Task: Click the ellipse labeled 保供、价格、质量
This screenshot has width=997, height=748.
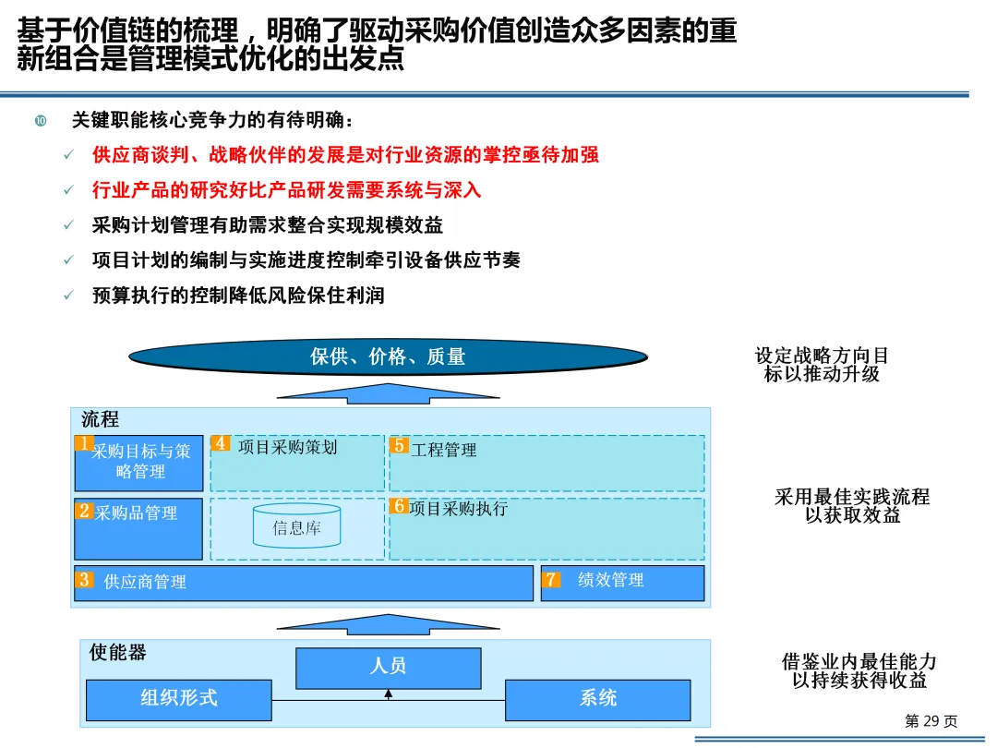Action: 388,356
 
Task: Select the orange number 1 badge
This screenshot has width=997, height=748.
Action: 84,443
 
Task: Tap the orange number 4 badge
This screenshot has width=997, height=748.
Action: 220,443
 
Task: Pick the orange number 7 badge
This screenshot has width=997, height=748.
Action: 552,580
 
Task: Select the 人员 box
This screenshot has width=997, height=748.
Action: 388,668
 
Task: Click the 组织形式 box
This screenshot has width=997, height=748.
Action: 179,699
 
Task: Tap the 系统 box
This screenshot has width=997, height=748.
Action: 597,699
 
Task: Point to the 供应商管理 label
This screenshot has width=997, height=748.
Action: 145,582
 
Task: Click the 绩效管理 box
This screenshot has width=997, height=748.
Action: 622,583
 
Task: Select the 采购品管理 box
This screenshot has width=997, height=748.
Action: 138,529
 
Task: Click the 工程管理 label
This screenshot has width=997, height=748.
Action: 444,451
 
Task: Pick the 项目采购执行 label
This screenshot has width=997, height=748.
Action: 458,509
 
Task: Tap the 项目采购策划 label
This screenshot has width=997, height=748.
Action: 287,448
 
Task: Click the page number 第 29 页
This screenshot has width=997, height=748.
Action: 931,721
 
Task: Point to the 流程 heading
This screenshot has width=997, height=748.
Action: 100,419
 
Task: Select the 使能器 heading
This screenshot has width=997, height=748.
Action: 117,652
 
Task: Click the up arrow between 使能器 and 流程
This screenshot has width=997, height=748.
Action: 388,624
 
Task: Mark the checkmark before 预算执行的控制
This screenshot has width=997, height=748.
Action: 68,296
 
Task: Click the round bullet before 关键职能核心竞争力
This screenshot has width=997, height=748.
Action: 41,121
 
